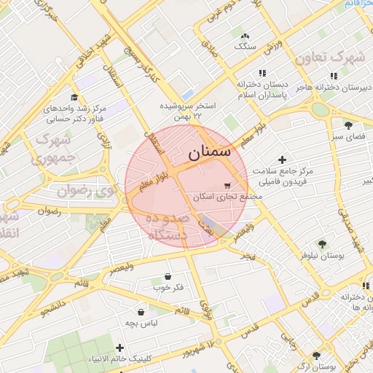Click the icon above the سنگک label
(x=245, y=35)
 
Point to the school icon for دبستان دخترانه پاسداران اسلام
(x=262, y=73)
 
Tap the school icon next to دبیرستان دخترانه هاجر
(x=333, y=76)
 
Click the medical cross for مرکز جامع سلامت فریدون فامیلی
(x=283, y=160)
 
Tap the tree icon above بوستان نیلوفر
(x=321, y=244)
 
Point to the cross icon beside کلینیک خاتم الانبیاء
(x=119, y=347)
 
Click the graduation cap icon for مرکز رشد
(x=74, y=98)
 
